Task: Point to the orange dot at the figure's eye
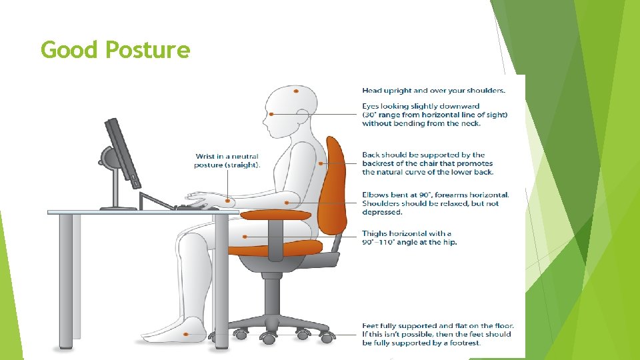[271, 115]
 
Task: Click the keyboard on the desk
[197, 207]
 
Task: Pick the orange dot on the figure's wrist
[228, 199]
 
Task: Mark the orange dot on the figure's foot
[187, 335]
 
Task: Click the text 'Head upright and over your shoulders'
[433, 90]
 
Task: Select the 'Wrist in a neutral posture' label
[227, 160]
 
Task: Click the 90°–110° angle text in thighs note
[383, 242]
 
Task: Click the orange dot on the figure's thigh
[247, 235]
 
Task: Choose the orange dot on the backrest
[321, 163]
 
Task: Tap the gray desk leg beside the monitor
[65, 280]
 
